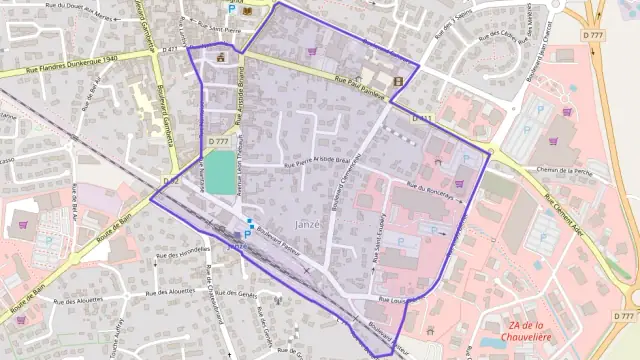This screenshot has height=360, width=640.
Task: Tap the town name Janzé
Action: [x=309, y=224]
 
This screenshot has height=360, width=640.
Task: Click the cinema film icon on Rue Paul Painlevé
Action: [x=399, y=81]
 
